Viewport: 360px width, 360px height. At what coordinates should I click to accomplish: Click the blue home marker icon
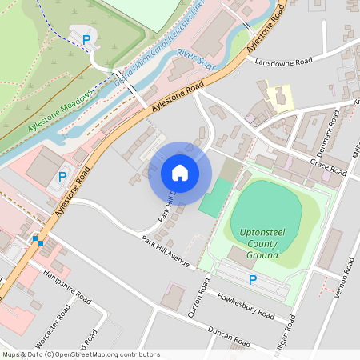[x=180, y=173]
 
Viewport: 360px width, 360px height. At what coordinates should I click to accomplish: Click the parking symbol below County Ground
[x=253, y=280]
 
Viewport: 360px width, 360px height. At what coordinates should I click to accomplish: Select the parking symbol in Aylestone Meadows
[x=86, y=38]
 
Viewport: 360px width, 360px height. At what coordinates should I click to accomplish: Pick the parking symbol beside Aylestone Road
[x=62, y=176]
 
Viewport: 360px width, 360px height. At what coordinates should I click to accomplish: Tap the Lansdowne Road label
[x=282, y=61]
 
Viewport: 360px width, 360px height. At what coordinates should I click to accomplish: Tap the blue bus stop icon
[x=37, y=239]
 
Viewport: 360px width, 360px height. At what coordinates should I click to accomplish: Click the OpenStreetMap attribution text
[x=81, y=354]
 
